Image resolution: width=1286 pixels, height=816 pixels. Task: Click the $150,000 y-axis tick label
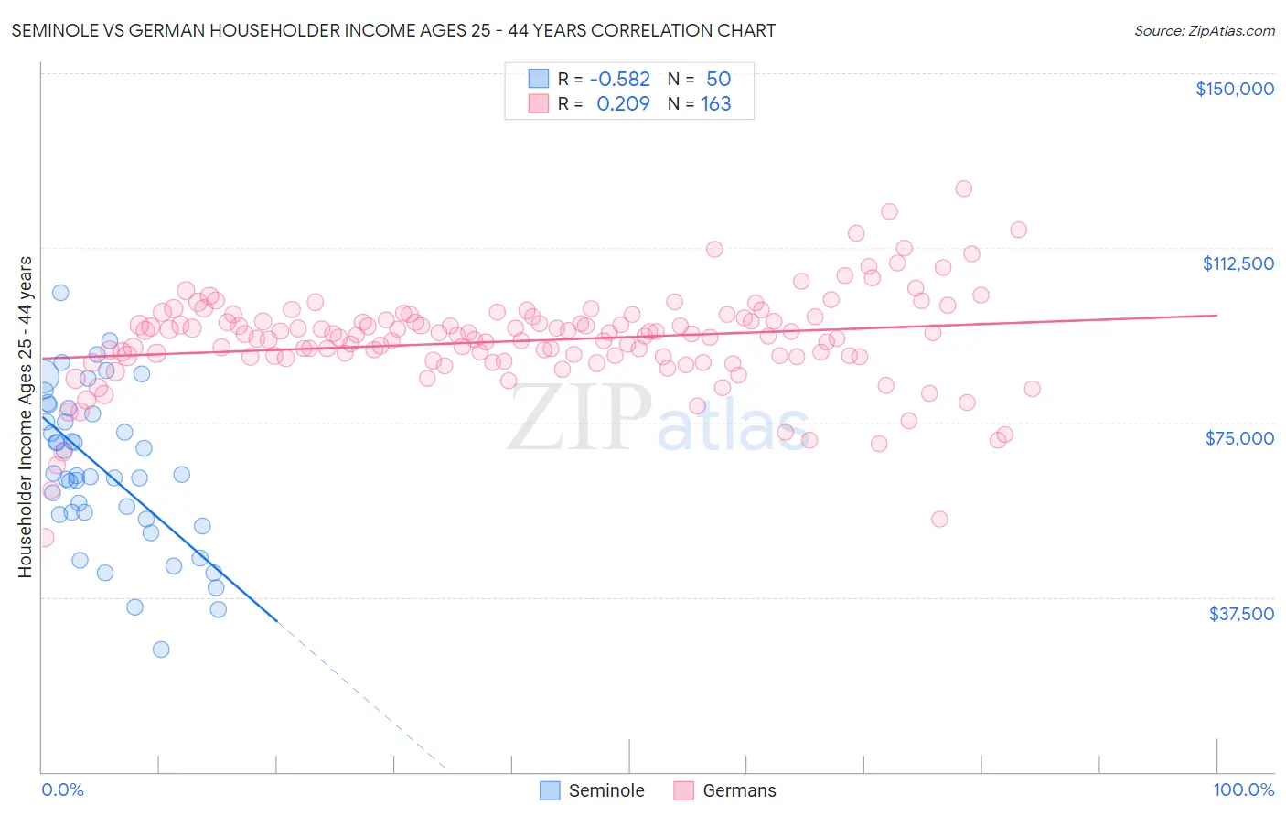click(1234, 89)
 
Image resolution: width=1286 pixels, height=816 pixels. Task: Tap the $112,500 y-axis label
click(1238, 263)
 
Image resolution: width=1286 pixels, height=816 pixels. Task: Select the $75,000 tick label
click(1239, 438)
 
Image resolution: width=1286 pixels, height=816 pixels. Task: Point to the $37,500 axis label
click(1241, 614)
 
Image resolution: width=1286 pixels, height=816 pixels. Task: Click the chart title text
click(393, 30)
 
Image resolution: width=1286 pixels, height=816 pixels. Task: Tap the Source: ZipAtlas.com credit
click(1204, 31)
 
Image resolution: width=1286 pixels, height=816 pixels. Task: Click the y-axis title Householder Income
click(26, 417)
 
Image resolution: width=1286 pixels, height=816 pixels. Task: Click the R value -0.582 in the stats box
click(619, 80)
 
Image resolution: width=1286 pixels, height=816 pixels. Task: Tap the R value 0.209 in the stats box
click(623, 104)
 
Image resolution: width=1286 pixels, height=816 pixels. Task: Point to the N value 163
click(716, 104)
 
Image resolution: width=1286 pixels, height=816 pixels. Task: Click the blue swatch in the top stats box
click(539, 80)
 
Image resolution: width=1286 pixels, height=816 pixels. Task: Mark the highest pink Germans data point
click(963, 188)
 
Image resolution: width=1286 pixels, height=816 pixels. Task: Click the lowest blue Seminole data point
click(161, 650)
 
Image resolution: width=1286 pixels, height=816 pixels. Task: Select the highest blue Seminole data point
click(60, 293)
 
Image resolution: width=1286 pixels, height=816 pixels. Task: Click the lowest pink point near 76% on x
click(939, 519)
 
